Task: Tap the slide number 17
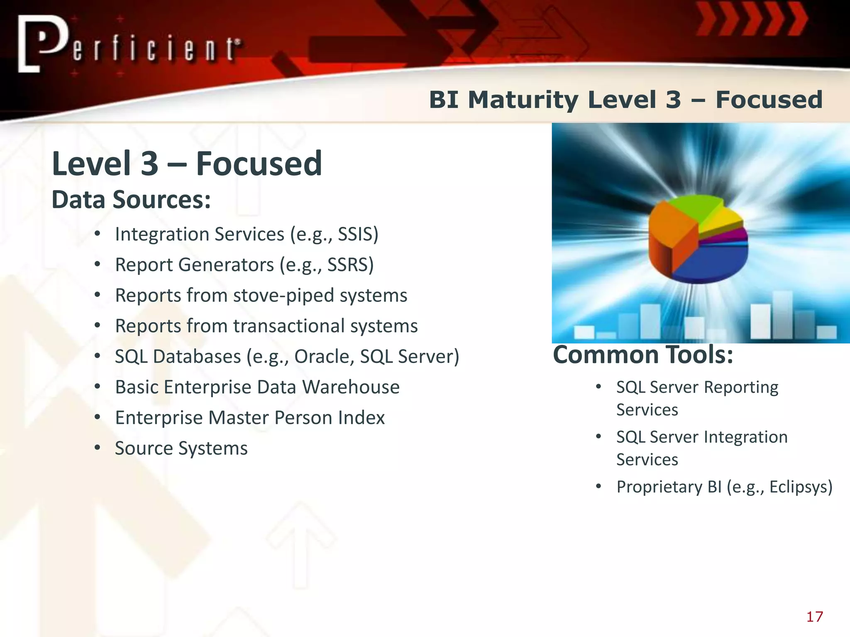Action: tap(814, 617)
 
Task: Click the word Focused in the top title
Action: tap(769, 100)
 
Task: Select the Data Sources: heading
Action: tap(131, 200)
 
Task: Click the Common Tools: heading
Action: tap(643, 355)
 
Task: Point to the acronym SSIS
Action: tap(355, 234)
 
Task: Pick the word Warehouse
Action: tap(351, 387)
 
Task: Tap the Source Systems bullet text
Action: tap(181, 448)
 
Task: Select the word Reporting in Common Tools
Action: tap(741, 387)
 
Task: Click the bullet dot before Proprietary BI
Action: tap(598, 486)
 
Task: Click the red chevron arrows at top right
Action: tap(751, 19)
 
